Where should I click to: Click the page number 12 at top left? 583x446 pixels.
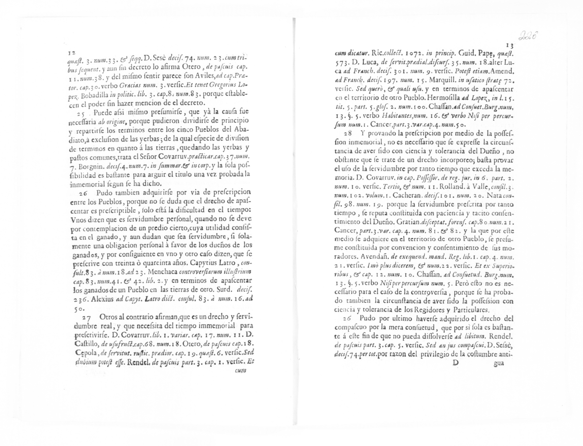(71, 53)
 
